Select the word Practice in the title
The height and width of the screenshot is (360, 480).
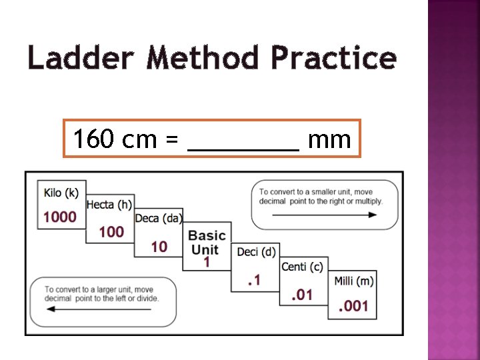pos(333,59)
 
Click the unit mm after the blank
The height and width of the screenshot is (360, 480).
pos(329,141)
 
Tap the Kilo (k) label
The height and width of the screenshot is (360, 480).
pos(61,193)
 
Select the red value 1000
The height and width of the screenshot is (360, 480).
pos(60,217)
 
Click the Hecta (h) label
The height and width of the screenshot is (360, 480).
pos(109,205)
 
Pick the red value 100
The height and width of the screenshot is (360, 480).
pos(111,231)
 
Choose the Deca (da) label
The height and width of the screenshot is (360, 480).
pos(159,218)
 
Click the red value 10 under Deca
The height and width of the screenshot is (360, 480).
pos(159,247)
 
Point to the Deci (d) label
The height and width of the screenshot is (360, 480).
pos(256,251)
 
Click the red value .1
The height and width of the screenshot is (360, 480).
pos(253,281)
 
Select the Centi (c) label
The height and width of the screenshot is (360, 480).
pos(302,267)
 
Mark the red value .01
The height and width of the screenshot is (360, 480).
pos(302,294)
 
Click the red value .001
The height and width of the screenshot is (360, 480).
pos(353,306)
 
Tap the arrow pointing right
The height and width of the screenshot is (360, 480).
pos(325,215)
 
